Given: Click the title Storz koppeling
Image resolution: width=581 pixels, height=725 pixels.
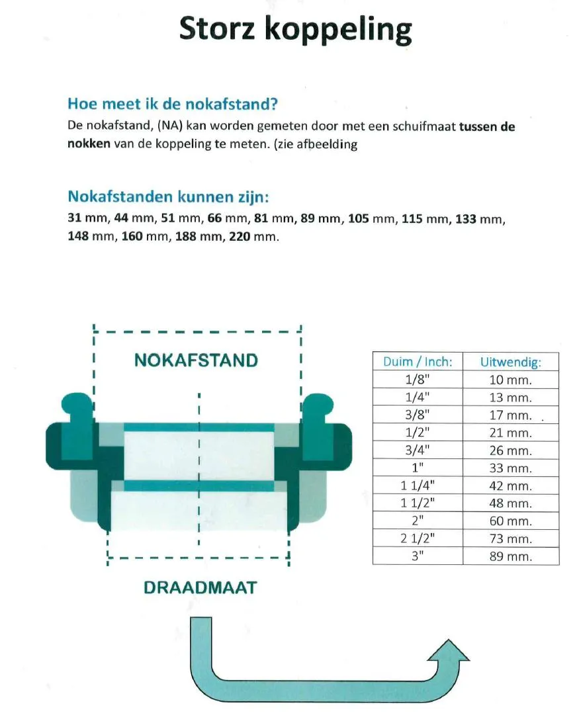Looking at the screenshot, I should point(295,30).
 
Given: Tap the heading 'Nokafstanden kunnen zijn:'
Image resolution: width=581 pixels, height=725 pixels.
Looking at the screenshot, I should point(169,197).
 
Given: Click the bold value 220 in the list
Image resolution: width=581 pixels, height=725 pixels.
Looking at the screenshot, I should point(239,237).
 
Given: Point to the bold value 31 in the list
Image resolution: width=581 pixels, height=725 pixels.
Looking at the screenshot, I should point(75,218).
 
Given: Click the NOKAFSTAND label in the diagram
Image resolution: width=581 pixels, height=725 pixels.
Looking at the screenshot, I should point(196,361).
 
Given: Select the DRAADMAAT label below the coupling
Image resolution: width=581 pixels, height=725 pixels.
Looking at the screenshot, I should point(199,587).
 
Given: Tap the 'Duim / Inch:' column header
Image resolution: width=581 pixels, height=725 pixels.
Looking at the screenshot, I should point(418,362).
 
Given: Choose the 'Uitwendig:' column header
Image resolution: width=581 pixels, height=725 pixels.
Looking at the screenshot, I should point(510,362).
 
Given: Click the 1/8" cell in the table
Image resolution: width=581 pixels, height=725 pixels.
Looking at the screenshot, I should point(418,380).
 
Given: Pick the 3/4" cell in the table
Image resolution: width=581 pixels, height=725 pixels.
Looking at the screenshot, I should point(418,450).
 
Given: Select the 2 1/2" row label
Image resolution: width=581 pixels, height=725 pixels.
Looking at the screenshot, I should point(418,538).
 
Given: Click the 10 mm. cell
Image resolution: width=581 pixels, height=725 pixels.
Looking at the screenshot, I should point(510,380).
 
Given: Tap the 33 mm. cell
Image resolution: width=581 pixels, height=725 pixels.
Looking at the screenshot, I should point(510,468).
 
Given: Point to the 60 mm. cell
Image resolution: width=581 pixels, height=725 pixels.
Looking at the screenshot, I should point(510,521).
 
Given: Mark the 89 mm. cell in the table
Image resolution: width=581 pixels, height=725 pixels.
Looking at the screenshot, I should point(510,556).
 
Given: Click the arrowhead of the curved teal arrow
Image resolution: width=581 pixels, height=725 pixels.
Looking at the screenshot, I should point(449,652).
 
